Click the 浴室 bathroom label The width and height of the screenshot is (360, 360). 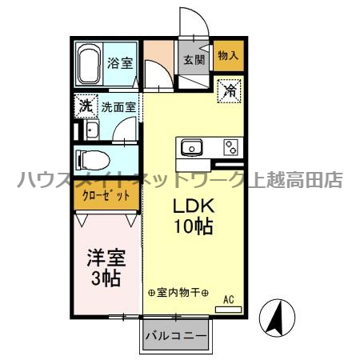point(121,62)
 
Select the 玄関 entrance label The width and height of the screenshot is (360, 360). point(194,58)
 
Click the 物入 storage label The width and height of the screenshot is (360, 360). point(228,56)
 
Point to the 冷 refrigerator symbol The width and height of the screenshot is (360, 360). point(229,90)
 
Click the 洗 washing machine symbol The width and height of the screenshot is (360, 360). point(85,105)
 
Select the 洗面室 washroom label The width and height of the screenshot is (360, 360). point(118,105)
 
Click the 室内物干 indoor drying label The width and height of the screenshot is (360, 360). point(178,293)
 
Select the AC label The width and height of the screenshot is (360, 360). point(228,299)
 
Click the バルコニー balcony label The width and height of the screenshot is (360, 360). point(177,336)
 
